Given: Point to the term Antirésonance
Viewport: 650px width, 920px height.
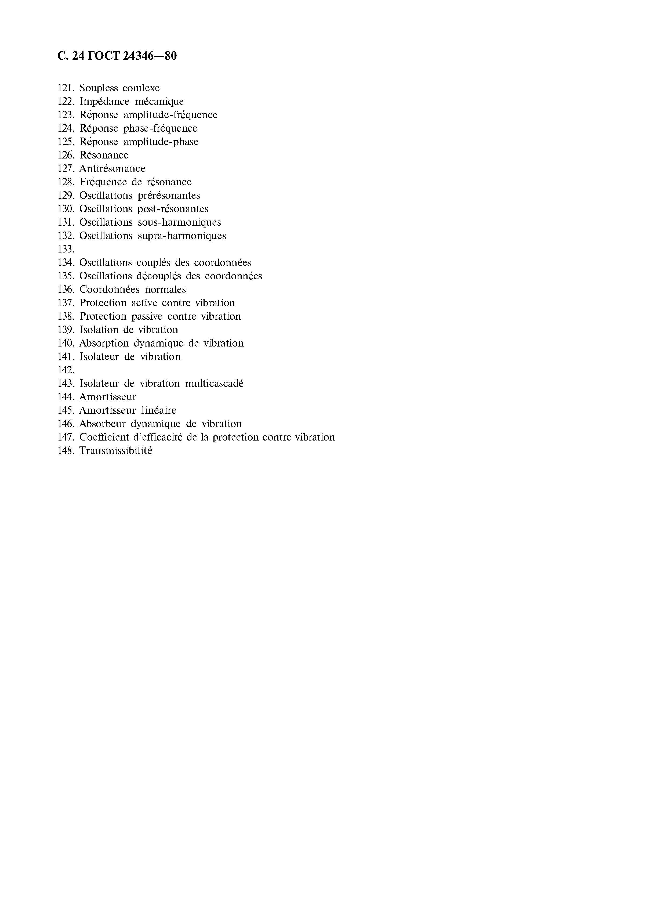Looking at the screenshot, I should point(112,169).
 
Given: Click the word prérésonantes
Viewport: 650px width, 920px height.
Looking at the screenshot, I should point(169,196).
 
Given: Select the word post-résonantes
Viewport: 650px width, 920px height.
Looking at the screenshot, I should point(173,209).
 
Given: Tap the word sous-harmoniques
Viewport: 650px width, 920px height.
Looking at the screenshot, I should point(179,222).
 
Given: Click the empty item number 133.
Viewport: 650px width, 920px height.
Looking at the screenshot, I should point(66,250).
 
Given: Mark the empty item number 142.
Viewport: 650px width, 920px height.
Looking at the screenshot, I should point(66,370).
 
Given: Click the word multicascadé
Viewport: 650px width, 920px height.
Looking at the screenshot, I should point(214,384).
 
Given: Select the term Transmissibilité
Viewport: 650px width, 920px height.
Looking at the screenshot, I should point(116,451).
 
